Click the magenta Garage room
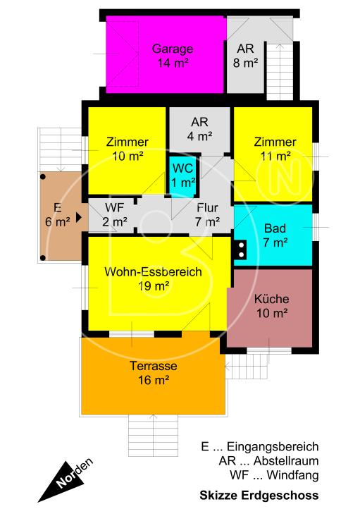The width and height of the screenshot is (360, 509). (166, 55)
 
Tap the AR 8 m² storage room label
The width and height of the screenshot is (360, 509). (245, 56)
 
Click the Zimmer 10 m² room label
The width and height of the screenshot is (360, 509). (127, 148)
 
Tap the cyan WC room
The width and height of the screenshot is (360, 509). (182, 174)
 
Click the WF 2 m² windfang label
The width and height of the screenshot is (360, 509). (115, 215)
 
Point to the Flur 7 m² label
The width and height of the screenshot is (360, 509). (206, 215)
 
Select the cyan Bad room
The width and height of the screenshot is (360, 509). (275, 235)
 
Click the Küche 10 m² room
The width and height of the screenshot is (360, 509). (271, 307)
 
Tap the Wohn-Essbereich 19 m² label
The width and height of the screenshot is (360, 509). (153, 278)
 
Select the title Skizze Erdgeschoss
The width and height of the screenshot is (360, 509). (259, 495)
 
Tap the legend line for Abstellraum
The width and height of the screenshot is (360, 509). (269, 461)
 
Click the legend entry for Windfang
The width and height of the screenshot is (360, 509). (274, 475)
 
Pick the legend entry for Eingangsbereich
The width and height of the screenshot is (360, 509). (260, 447)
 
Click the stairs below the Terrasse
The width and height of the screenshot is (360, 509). (152, 432)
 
